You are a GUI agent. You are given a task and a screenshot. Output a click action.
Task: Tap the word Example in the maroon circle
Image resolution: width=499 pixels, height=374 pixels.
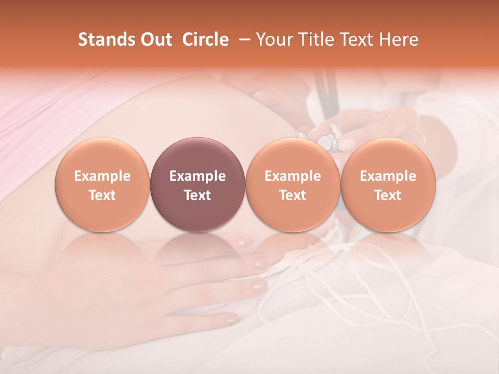pos(198,176)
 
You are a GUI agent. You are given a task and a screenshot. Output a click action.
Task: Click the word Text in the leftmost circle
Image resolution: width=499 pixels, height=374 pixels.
pos(102,195)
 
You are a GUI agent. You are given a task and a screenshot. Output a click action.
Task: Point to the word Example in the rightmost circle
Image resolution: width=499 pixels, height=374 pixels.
pos(388,176)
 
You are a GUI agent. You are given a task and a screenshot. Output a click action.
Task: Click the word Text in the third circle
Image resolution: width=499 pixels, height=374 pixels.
pos(293,195)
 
